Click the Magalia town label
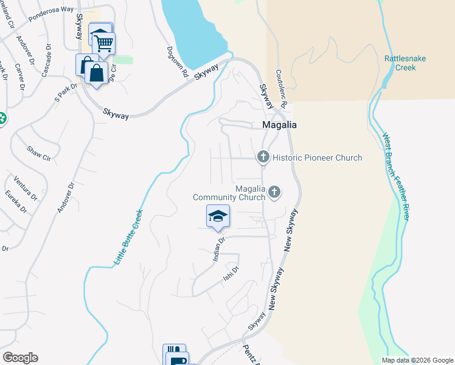click(x=279, y=125)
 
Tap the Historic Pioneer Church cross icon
click(x=263, y=157)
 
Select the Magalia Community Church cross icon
click(x=274, y=192)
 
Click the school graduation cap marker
click(x=218, y=217)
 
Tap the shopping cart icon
click(x=104, y=43)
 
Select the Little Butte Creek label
click(x=128, y=237)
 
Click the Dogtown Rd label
click(x=177, y=62)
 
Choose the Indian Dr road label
click(x=219, y=249)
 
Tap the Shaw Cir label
click(x=38, y=153)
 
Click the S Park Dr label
click(x=67, y=92)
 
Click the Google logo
click(x=20, y=358)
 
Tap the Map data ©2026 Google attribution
click(x=417, y=360)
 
